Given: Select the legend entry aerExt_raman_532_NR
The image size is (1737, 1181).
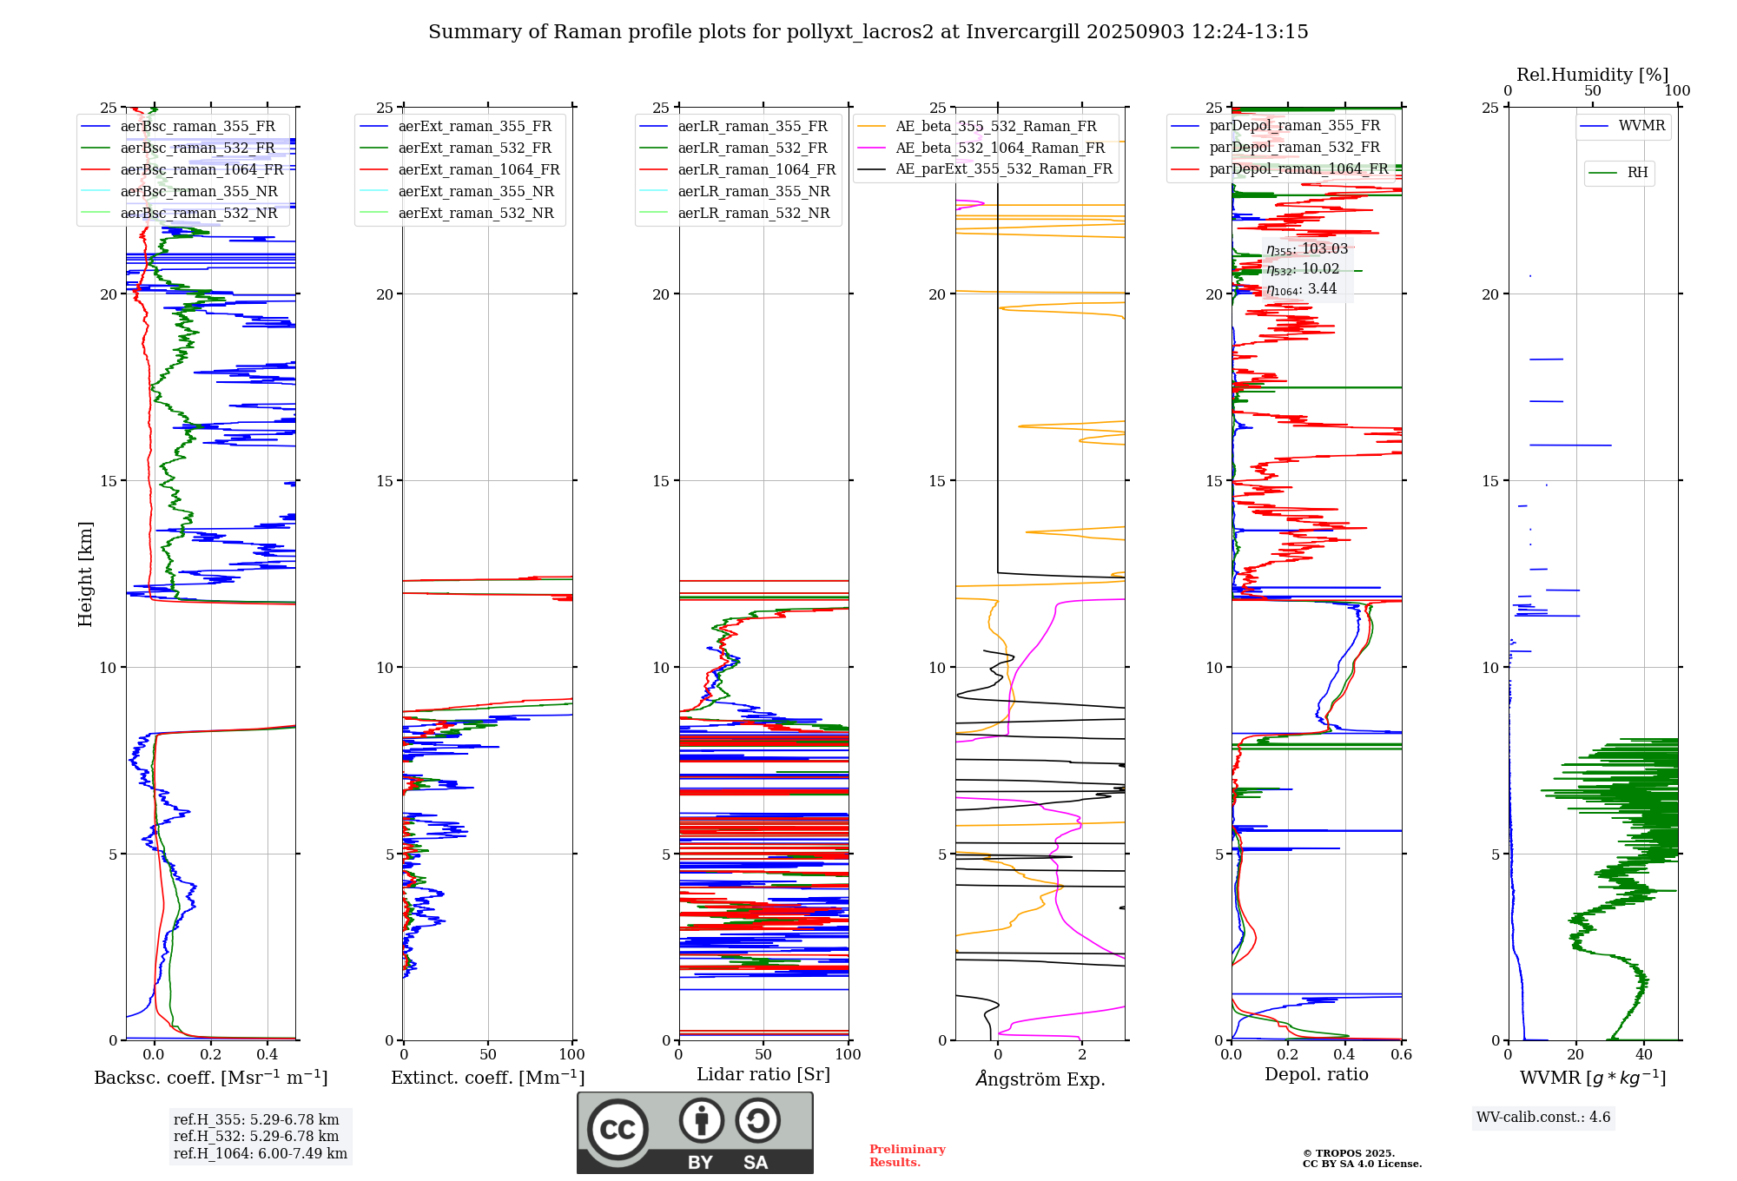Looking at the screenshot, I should point(475,214).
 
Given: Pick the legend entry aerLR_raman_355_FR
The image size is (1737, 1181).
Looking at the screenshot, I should point(752,127).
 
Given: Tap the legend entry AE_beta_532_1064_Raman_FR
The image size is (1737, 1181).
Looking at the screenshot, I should point(1000,148).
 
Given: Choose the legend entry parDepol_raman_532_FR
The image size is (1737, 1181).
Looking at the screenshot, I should point(1294,148).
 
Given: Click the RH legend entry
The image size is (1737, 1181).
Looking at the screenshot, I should point(1637,173).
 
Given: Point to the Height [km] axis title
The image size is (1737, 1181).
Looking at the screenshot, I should point(85,574).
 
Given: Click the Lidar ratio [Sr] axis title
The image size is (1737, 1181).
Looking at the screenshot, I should point(763,1074).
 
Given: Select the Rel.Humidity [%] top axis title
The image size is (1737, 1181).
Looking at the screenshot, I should point(1592,75).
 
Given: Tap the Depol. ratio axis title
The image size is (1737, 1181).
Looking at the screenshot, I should point(1316,1074).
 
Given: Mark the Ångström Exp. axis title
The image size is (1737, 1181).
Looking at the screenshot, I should point(1040,1079).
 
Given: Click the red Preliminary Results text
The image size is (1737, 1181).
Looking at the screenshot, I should point(907,1156).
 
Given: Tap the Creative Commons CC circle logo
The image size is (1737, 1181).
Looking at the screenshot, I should point(618,1130).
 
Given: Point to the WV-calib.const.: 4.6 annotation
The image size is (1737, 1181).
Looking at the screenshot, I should point(1543,1118).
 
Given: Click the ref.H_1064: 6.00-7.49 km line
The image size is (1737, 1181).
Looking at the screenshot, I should point(261,1154).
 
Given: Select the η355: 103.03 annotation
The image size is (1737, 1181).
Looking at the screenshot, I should point(1307,249).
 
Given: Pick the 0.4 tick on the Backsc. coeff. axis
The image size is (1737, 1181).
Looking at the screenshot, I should point(267,1054).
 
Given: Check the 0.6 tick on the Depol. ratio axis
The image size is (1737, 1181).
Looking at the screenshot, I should point(1401,1054).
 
